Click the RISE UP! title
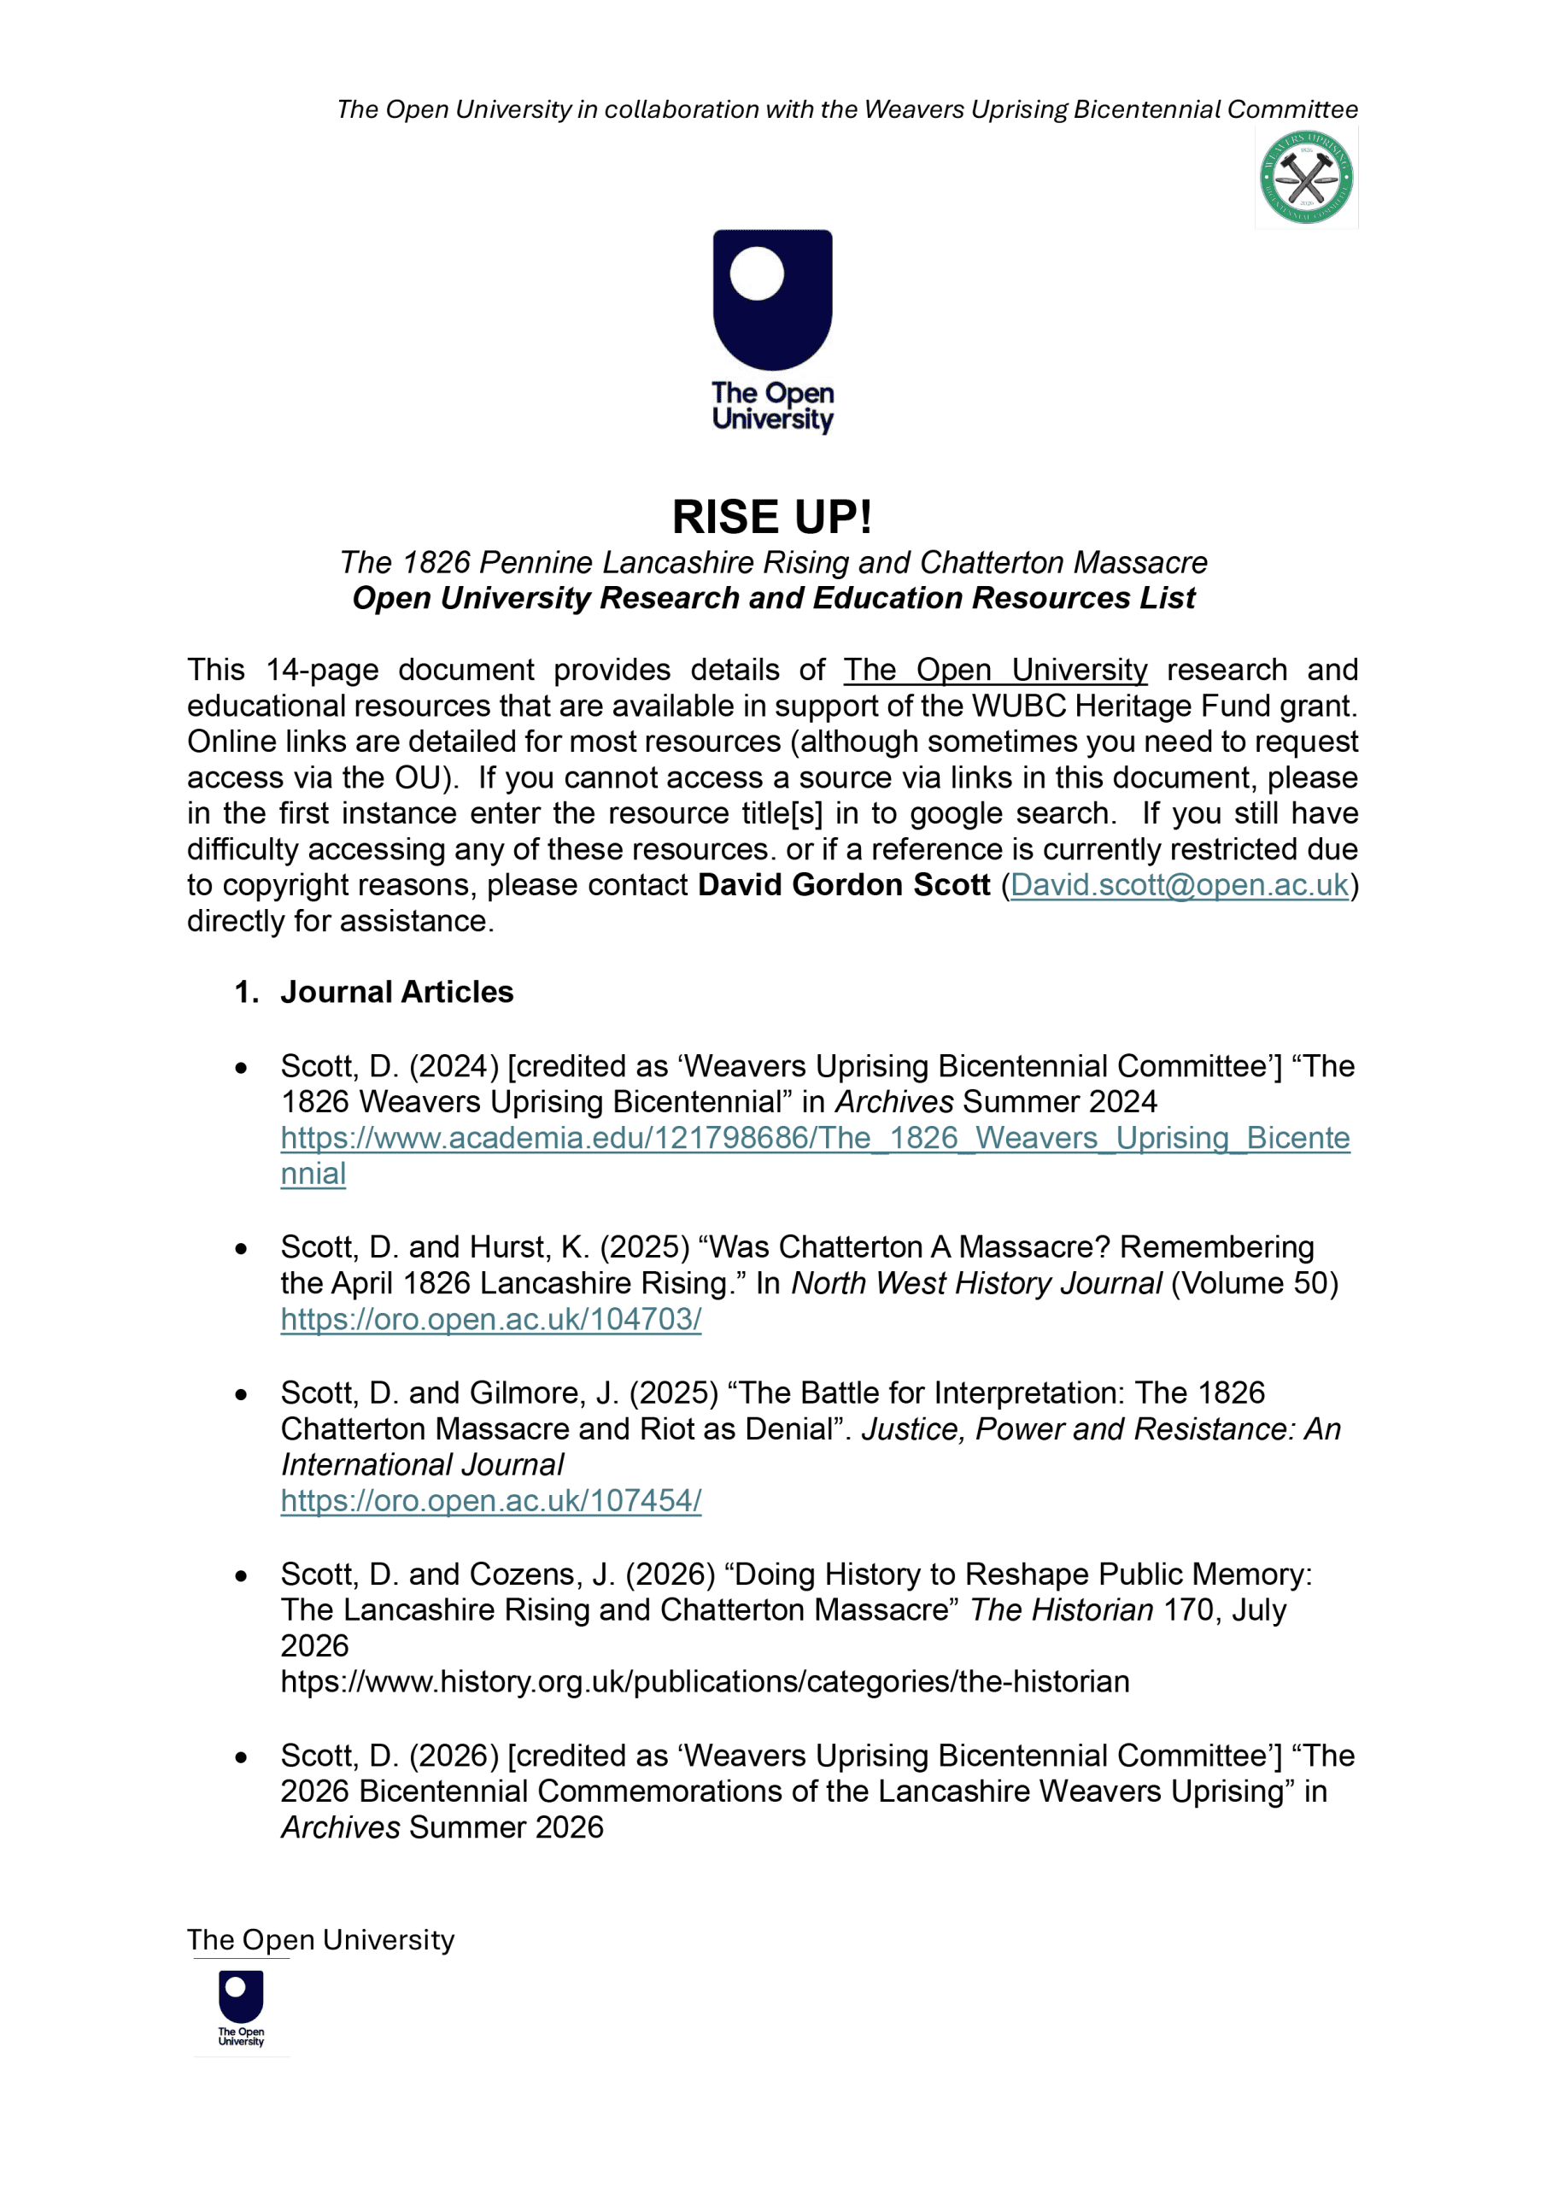(x=771, y=517)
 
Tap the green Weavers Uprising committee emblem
(x=1306, y=177)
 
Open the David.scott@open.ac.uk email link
(x=1179, y=885)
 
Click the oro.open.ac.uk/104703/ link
(x=490, y=1319)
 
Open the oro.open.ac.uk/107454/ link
(x=490, y=1500)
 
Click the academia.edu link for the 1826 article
(x=815, y=1138)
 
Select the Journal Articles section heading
(x=396, y=993)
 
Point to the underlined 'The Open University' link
(x=994, y=671)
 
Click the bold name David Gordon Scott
(x=844, y=885)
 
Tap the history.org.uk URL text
(x=705, y=1682)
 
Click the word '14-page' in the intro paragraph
(x=322, y=671)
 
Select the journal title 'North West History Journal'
(x=976, y=1284)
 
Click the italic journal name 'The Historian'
(x=1061, y=1610)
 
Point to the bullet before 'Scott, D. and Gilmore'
(x=241, y=1394)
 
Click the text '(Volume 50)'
(x=1255, y=1284)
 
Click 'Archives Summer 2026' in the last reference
(x=442, y=1828)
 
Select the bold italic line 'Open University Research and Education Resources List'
(x=772, y=598)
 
